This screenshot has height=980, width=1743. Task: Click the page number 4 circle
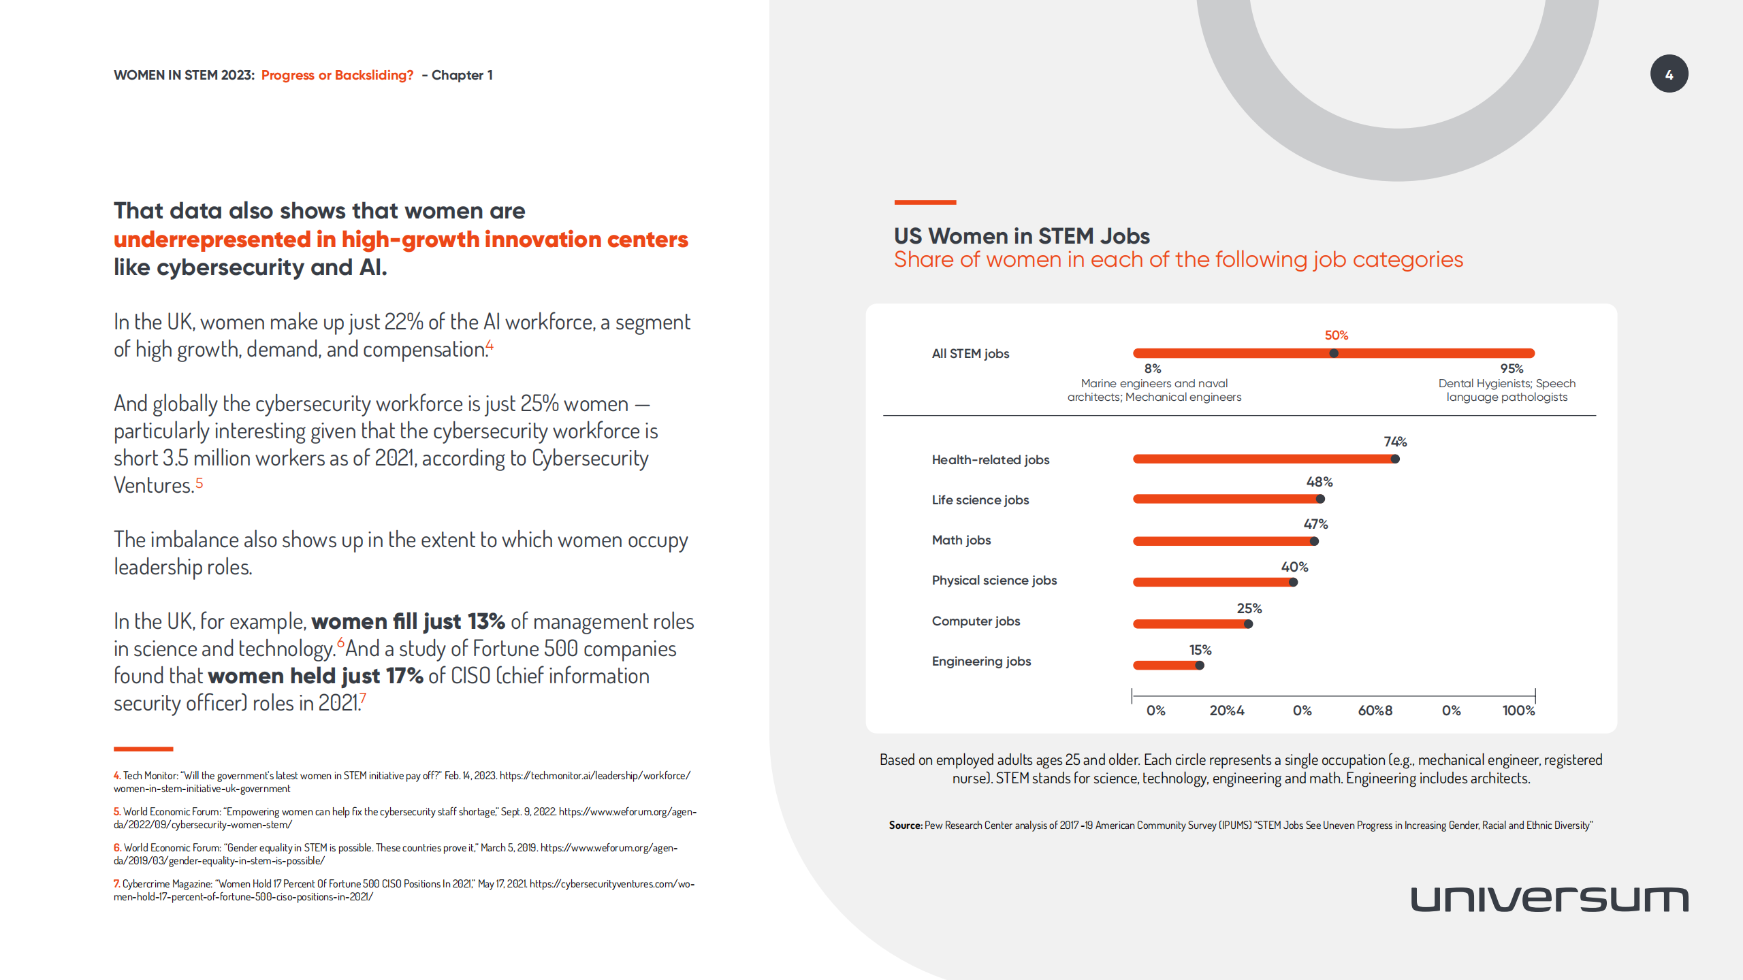coord(1669,74)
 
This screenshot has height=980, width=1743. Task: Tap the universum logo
coord(1549,899)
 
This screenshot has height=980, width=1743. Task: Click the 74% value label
coord(1395,442)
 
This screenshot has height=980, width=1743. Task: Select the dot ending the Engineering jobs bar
coord(1200,665)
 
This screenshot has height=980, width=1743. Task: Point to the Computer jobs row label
coord(976,621)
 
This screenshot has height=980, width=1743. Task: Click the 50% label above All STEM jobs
coord(1336,336)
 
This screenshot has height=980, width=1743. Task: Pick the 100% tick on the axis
coord(1518,710)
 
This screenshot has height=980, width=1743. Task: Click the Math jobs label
coord(961,540)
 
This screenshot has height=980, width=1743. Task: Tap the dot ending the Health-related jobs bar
coord(1395,459)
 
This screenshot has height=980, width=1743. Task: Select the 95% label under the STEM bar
coord(1512,368)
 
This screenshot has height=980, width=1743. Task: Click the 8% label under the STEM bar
coord(1152,368)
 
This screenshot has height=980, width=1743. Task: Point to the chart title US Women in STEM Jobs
coord(1021,235)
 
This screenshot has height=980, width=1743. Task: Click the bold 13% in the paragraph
coord(485,621)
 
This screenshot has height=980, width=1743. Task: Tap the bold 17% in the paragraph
coord(404,676)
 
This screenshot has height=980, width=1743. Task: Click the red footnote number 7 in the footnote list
coord(117,883)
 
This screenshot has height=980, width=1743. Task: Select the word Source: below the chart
coord(905,826)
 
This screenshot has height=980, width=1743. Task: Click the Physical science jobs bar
coord(1212,582)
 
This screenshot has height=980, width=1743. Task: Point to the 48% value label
coord(1319,482)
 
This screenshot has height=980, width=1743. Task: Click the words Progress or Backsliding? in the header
coord(337,75)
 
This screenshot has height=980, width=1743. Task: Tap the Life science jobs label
coord(980,500)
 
